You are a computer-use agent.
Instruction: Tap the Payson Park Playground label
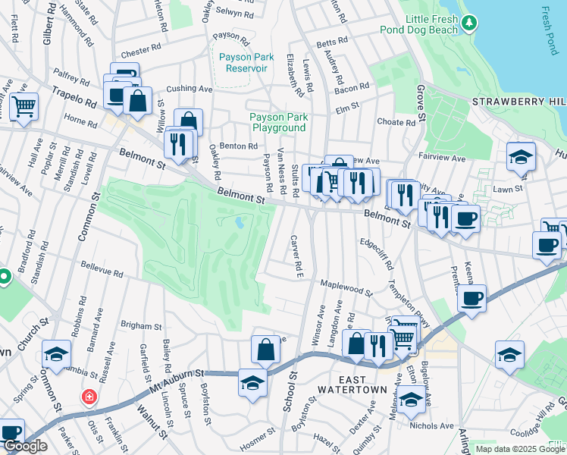[278, 122]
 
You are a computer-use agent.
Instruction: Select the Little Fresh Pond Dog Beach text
[421, 24]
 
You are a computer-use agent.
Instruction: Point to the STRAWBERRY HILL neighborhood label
[518, 102]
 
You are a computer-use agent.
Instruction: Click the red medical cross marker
[89, 397]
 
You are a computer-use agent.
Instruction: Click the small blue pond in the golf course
[240, 223]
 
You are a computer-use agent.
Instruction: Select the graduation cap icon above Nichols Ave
[412, 399]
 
